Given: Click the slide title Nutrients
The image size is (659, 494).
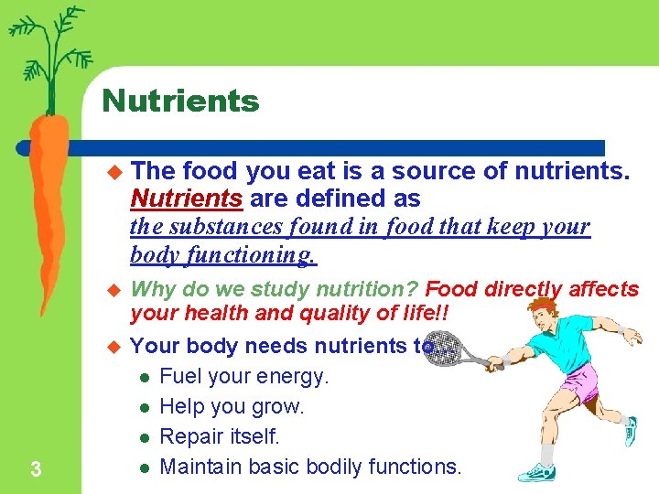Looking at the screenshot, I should pos(180,101).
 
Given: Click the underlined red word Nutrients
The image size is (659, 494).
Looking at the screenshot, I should pos(187,198).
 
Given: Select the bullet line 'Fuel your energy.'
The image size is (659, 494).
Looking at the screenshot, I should pos(243,376).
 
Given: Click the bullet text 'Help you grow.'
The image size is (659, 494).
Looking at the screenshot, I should pos(232,406).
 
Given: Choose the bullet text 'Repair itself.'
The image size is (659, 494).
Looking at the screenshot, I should pos(219,436).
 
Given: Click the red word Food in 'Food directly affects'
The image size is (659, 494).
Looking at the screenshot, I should pos(451,290).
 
